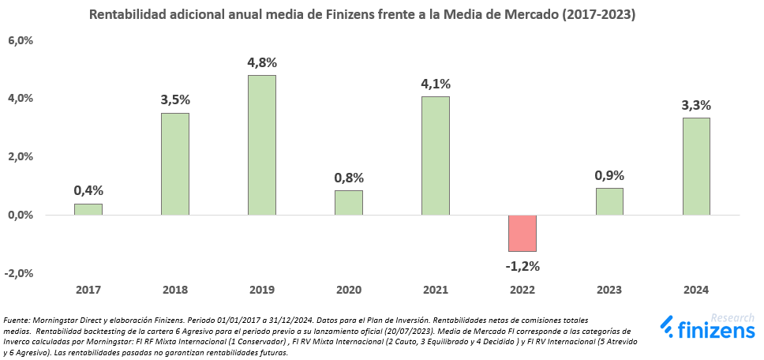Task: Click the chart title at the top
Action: [x=362, y=14]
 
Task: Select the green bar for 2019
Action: [x=261, y=145]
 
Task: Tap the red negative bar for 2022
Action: [x=522, y=233]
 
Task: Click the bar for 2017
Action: [x=88, y=209]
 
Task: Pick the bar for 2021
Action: [x=435, y=156]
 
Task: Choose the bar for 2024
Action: [x=695, y=166]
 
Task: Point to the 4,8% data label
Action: [x=262, y=62]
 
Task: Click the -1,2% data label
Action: [x=522, y=265]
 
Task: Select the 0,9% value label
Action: [x=609, y=175]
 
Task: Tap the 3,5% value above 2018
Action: [x=175, y=99]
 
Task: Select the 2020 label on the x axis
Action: [x=348, y=291]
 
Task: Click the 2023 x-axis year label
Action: [x=609, y=291]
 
